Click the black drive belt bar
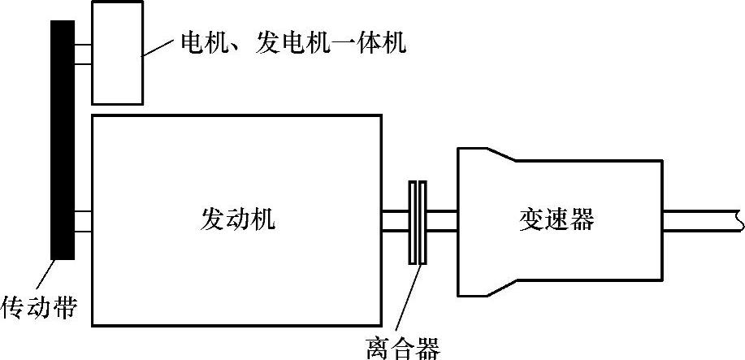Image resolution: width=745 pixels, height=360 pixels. click(x=63, y=138)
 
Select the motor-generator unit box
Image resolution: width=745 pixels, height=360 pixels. click(x=117, y=53)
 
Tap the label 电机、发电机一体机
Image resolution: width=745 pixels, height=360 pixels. click(x=292, y=42)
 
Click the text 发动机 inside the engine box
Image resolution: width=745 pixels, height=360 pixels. click(x=237, y=219)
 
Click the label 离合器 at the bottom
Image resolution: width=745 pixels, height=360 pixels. click(x=402, y=348)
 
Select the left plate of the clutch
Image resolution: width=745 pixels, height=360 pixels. click(x=413, y=222)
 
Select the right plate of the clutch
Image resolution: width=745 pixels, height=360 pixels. click(x=422, y=222)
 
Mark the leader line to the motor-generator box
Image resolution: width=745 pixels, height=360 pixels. click(x=161, y=48)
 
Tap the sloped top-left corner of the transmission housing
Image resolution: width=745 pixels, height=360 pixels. click(x=496, y=154)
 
